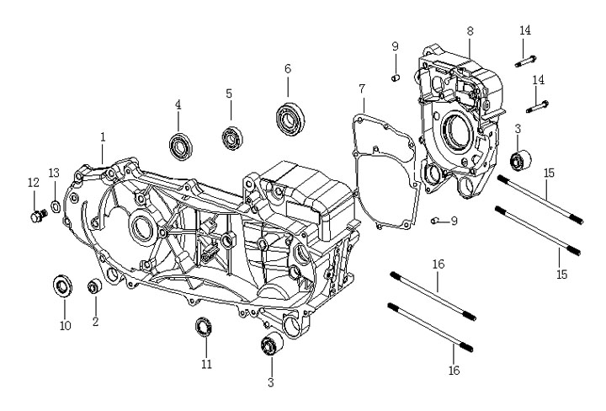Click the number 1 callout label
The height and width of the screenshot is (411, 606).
tap(103, 136)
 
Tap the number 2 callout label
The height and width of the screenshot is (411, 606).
tap(95, 321)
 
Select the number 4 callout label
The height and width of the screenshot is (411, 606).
tap(178, 104)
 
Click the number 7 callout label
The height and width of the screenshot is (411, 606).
tap(362, 88)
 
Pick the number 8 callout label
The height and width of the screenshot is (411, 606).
tap(470, 30)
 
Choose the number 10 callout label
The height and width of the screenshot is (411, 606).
tap(65, 325)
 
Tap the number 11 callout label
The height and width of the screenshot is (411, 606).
tap(206, 364)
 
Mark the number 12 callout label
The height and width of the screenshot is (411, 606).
tap(33, 182)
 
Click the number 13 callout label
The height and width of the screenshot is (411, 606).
tap(53, 173)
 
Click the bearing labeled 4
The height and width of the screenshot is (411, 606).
tap(180, 145)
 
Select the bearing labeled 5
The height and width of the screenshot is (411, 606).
tap(231, 136)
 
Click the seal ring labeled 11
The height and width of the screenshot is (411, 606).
tap(204, 326)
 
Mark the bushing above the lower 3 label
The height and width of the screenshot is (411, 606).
tap(272, 345)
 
